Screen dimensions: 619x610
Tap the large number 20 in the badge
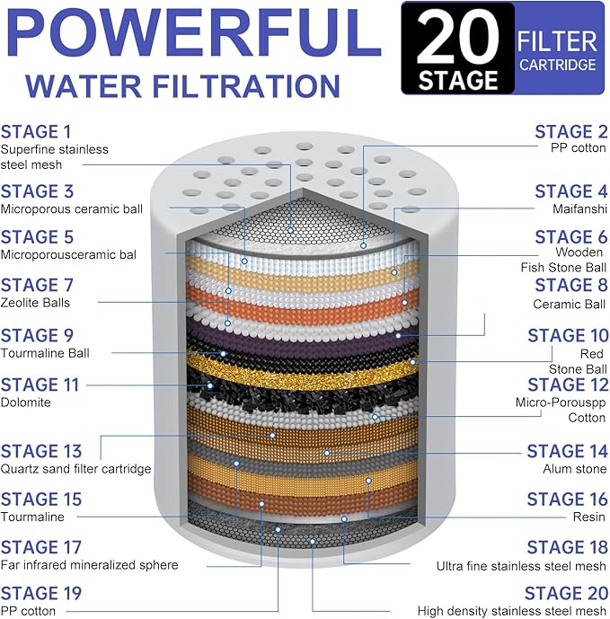(x=457, y=36)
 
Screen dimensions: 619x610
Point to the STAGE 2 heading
(x=570, y=131)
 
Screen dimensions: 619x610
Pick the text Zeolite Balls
(x=37, y=303)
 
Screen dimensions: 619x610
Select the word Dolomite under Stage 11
(x=26, y=402)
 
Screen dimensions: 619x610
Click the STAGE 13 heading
(x=41, y=451)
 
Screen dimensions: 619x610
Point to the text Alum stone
(x=575, y=469)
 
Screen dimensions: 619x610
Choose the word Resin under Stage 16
(x=589, y=517)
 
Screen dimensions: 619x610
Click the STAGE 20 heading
(x=566, y=593)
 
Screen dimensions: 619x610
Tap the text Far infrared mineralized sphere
(x=89, y=565)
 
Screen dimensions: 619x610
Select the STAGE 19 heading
(x=41, y=593)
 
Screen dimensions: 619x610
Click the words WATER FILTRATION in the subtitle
(x=183, y=86)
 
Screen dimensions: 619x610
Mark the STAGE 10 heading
(x=568, y=335)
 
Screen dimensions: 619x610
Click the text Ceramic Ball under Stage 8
(x=570, y=304)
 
